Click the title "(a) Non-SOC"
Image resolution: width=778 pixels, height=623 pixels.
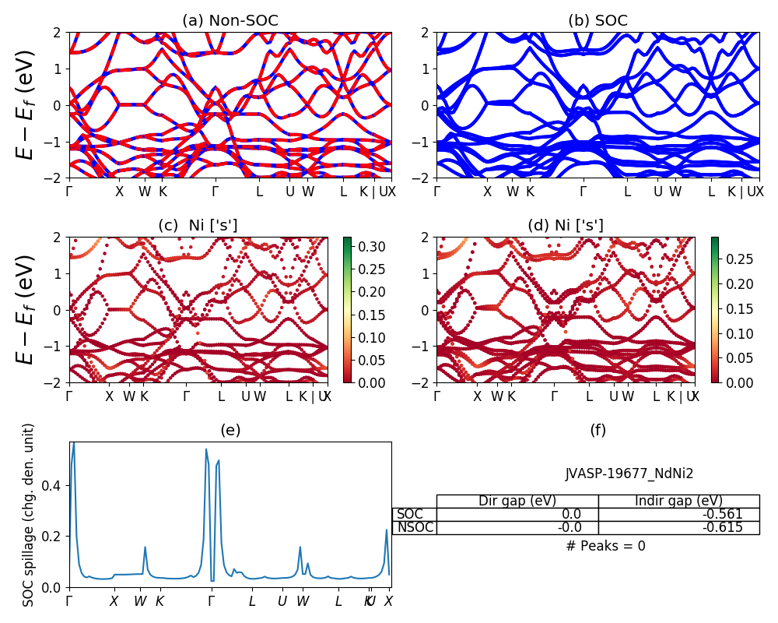(x=230, y=21)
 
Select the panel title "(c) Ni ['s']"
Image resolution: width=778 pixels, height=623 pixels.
(x=198, y=226)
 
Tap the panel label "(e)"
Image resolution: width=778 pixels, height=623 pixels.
(x=230, y=430)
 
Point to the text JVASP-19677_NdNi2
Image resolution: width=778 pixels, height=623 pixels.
(x=629, y=473)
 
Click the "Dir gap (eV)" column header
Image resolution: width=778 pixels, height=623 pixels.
(x=517, y=501)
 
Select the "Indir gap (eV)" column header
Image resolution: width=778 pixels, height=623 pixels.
(x=678, y=501)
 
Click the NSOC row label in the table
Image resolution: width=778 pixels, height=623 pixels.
(x=415, y=527)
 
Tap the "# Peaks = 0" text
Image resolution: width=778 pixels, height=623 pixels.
(x=605, y=546)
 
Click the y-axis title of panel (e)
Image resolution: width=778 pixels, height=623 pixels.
(x=29, y=515)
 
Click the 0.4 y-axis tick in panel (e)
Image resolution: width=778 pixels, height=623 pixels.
(x=55, y=485)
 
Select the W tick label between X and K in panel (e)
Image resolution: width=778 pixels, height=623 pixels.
(x=140, y=601)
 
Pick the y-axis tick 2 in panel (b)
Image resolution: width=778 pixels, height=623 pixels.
(x=426, y=33)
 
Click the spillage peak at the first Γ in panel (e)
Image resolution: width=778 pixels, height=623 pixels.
(x=73, y=444)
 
